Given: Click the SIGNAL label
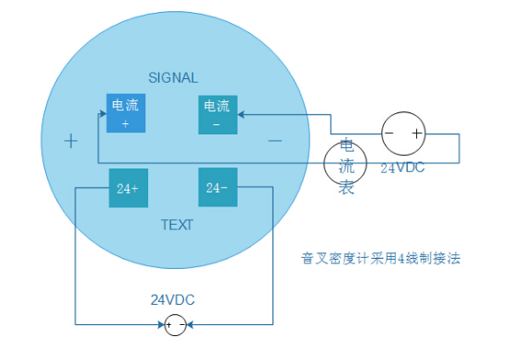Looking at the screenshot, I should coord(173,77).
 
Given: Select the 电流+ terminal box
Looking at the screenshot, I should coord(126,113).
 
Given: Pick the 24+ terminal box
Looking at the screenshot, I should coord(128,189).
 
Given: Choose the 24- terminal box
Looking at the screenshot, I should coord(218,189).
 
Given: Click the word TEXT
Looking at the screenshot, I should coord(177,225).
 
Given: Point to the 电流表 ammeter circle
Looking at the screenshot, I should coord(345,165).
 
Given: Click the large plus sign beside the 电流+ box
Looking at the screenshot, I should coord(71,141).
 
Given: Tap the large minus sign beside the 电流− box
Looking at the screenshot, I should coord(274,141).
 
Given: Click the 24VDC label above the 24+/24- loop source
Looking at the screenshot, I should coord(173,300).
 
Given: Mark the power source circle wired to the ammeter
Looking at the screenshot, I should coord(403,134).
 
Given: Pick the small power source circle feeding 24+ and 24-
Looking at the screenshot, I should coord(175,324).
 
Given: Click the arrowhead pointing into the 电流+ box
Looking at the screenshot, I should coord(101,114).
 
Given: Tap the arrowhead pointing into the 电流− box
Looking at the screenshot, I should coord(241,115).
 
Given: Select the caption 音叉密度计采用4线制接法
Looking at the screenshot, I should coord(380,259).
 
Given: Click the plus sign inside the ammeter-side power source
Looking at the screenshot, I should coord(416,134).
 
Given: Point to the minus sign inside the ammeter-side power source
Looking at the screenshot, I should coord(390,134).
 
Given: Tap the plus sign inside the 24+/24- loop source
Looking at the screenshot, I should coord(168,324).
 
